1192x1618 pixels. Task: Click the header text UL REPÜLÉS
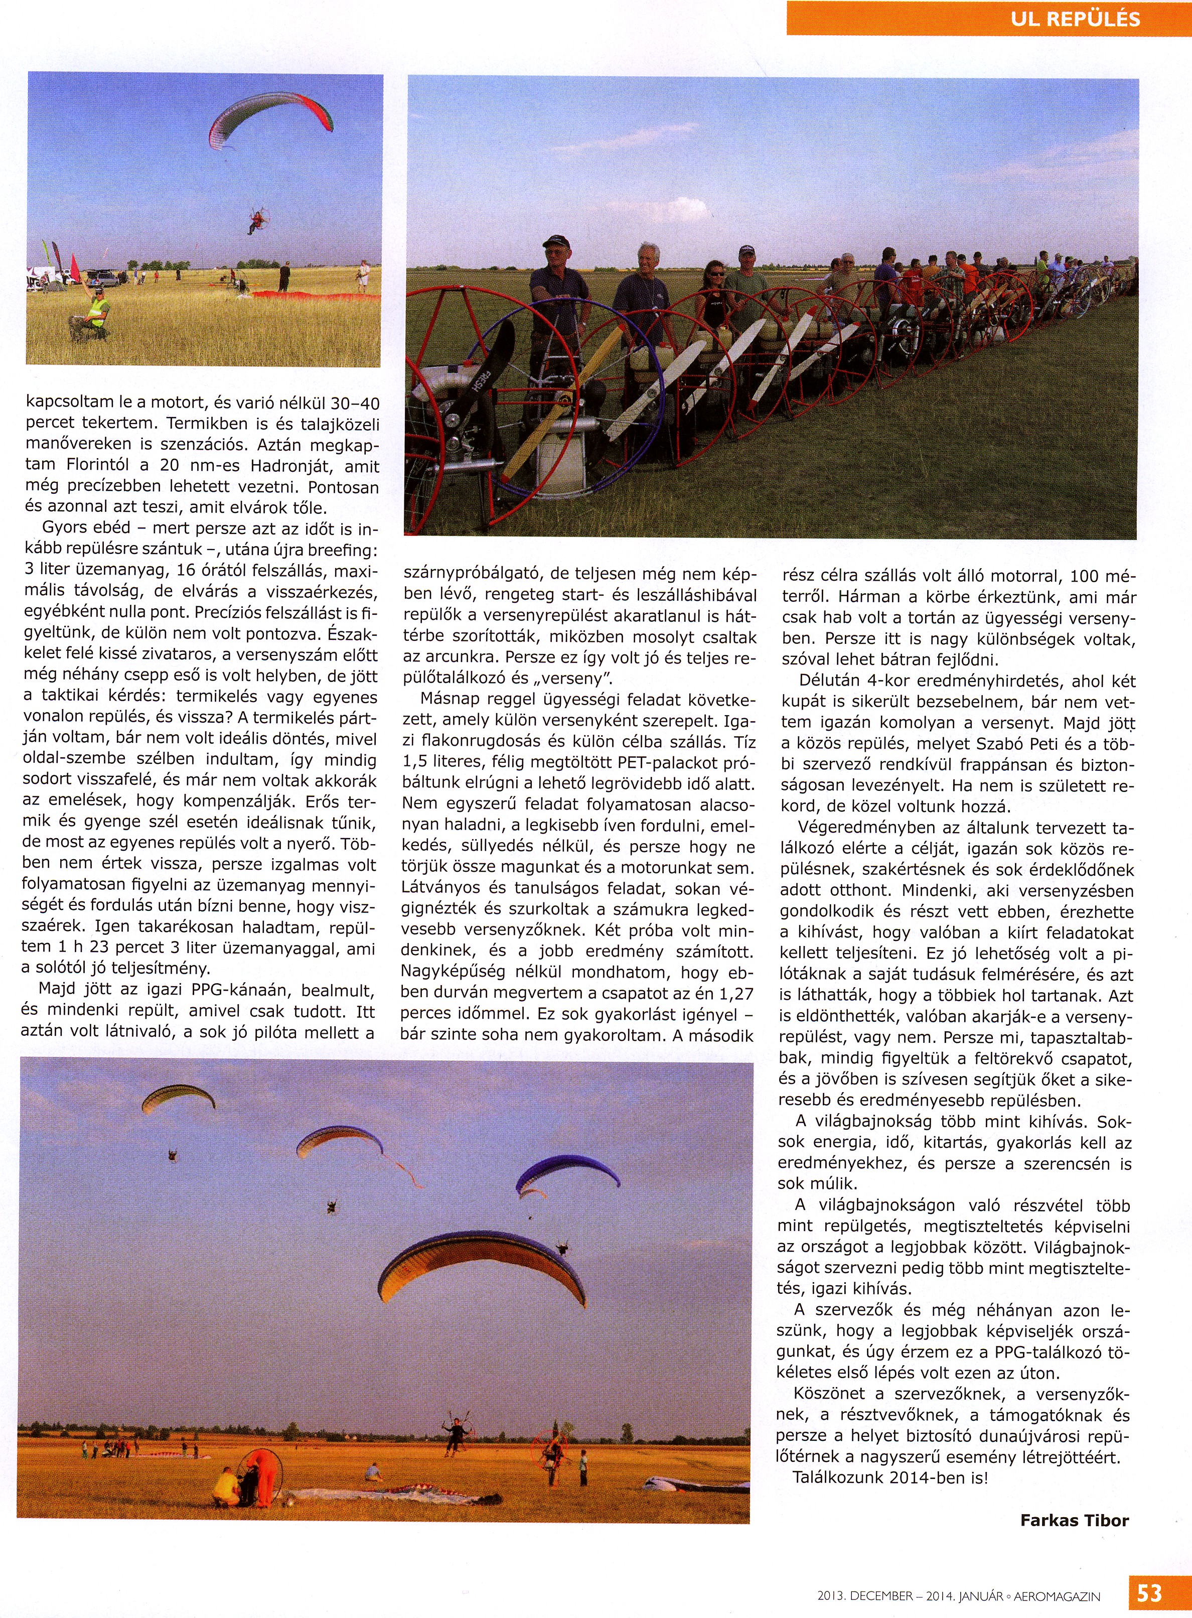pyautogui.click(x=1075, y=19)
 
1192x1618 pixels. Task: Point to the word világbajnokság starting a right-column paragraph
pyautogui.click(x=873, y=1122)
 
